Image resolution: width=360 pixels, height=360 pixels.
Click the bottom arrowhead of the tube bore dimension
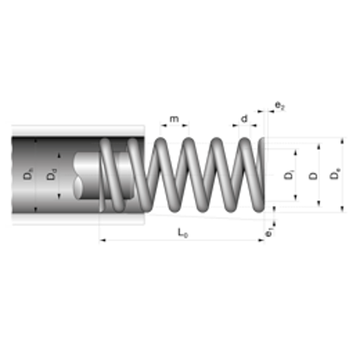[37, 210]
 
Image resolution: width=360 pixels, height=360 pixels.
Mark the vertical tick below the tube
[99, 237]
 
